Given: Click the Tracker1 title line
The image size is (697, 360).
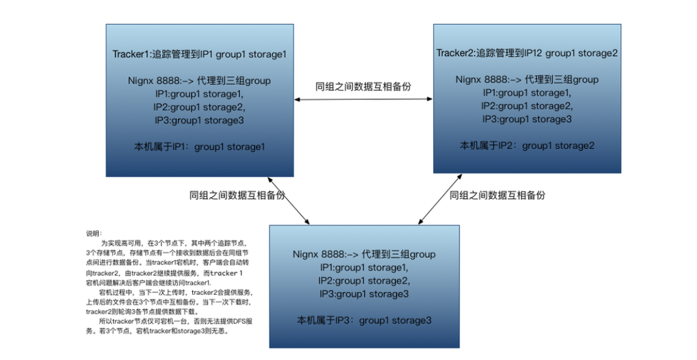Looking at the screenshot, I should point(199,54).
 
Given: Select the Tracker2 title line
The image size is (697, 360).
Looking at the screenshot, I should point(527,53).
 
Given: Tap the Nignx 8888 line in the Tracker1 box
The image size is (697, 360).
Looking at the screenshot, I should point(199,80).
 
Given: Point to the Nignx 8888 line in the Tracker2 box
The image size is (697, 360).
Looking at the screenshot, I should point(527,80).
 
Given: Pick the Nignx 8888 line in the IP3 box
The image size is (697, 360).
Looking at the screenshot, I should point(364,254).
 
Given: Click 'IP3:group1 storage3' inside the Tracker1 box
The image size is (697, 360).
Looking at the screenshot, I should point(199,120).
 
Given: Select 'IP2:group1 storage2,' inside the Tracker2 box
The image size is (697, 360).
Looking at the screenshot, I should point(527,106).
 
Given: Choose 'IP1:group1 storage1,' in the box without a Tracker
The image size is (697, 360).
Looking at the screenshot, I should point(364,268).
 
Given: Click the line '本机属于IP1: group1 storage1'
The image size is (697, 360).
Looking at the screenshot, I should point(199,147).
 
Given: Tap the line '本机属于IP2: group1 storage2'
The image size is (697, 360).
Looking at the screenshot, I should point(527,146).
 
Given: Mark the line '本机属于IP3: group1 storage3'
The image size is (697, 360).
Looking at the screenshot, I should point(364,320).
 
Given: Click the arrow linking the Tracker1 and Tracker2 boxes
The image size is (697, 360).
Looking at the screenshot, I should point(363,99).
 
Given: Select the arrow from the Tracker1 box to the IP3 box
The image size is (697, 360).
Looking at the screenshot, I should point(288,200).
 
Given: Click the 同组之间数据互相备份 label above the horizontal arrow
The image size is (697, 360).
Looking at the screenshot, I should point(363,87).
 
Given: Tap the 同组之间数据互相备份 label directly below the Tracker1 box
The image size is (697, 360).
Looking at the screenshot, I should point(237,195).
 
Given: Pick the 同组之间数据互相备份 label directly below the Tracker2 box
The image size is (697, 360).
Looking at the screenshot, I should point(497,195).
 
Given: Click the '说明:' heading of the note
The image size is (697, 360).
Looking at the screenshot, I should point(92,232).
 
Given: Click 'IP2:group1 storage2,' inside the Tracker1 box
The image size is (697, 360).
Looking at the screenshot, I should point(199,107).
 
